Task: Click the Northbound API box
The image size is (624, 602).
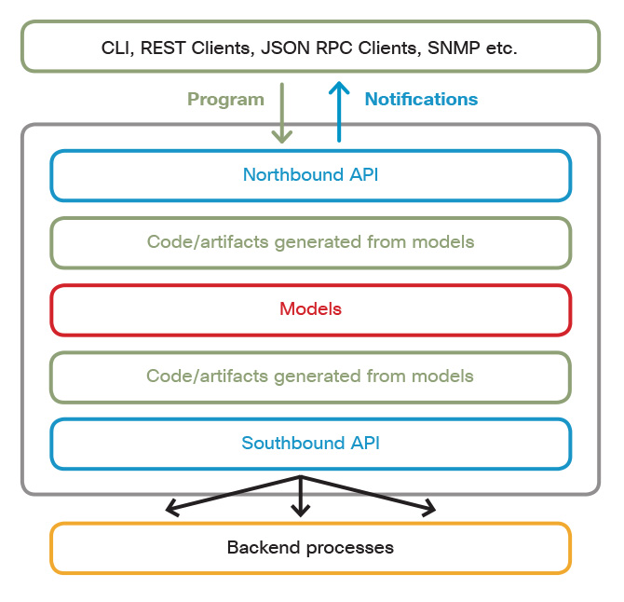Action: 310,175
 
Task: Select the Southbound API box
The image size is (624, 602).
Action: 310,444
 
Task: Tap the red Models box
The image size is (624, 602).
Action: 310,309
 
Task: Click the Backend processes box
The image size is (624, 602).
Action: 310,548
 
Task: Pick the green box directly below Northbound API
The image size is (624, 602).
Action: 310,242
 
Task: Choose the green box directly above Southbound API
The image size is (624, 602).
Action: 310,376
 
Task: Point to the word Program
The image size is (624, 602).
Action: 225,100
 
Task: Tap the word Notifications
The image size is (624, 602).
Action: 421,100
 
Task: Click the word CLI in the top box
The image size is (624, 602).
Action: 117,48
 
